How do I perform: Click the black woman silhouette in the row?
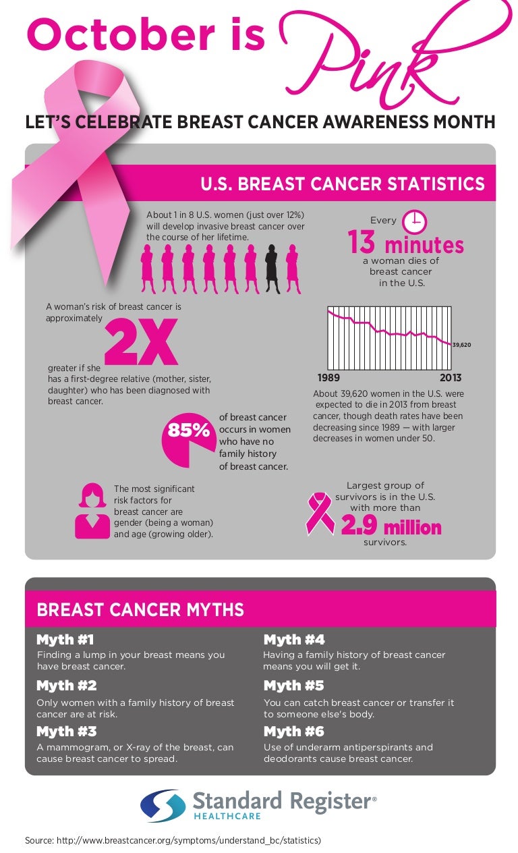(272, 268)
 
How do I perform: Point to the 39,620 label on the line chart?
(461, 345)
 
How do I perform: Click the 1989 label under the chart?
(328, 378)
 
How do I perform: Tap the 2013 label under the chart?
(451, 378)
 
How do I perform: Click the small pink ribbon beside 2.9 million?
(320, 514)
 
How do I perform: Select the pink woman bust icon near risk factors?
(92, 511)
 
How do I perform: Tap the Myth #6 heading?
(293, 732)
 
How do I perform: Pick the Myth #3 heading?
(66, 732)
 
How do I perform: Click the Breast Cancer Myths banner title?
(140, 610)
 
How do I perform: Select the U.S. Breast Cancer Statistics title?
(343, 184)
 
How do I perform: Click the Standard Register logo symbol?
(163, 806)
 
